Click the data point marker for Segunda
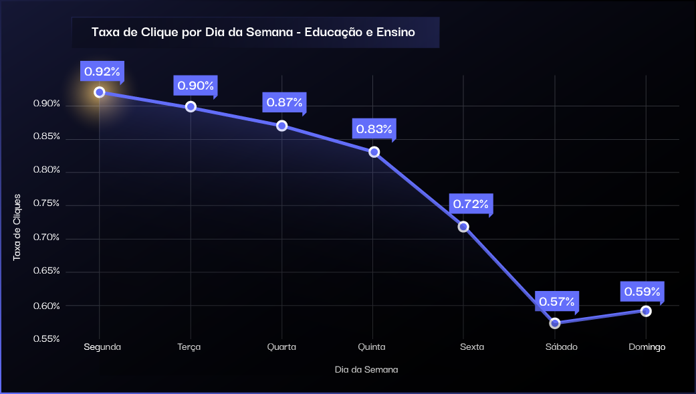100,92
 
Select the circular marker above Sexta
463,227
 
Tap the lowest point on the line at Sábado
555,323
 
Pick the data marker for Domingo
646,311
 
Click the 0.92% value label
102,71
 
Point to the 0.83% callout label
374,129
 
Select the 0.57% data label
557,302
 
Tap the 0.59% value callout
642,291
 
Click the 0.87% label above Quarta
284,102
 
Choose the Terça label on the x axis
189,347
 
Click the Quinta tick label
372,347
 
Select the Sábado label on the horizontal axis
561,347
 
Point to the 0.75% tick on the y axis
47,203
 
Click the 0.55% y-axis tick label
47,338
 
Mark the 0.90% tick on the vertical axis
47,104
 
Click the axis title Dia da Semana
366,369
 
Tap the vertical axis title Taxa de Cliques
17,227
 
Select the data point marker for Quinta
374,152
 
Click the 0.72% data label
471,203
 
